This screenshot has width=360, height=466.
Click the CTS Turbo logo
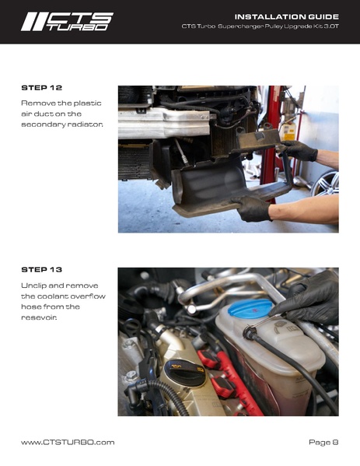[x=67, y=22]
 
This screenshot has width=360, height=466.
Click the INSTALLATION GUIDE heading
[x=287, y=16]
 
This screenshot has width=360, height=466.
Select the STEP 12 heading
[x=41, y=88]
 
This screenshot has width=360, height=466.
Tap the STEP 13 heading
[x=41, y=269]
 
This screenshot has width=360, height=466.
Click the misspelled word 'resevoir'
[x=39, y=317]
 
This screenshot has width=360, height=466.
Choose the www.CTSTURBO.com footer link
[x=68, y=442]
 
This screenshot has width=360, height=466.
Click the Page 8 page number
[x=323, y=442]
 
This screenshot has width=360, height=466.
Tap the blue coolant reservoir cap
[x=250, y=309]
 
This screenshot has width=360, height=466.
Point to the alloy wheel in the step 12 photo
[x=326, y=184]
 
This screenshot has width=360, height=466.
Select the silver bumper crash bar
[x=164, y=122]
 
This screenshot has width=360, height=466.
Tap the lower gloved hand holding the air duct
[x=251, y=208]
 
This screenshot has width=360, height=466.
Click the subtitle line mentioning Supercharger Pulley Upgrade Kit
[x=260, y=26]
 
